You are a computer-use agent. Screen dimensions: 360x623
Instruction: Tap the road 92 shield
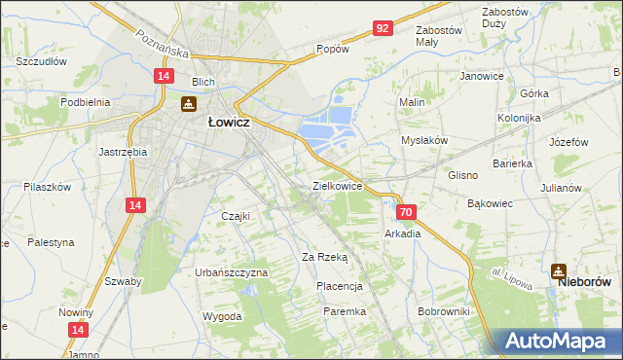pyautogui.click(x=382, y=29)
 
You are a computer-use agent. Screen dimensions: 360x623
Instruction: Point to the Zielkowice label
pyautogui.click(x=337, y=184)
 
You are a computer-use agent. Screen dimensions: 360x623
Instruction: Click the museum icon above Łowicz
pyautogui.click(x=190, y=104)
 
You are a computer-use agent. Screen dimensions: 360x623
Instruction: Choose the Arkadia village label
pyautogui.click(x=402, y=234)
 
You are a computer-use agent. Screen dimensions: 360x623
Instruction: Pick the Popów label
pyautogui.click(x=332, y=49)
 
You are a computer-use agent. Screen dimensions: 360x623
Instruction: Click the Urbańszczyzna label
pyautogui.click(x=231, y=273)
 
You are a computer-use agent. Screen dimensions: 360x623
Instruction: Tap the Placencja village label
pyautogui.click(x=340, y=286)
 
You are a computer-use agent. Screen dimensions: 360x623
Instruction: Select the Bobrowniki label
pyautogui.click(x=443, y=311)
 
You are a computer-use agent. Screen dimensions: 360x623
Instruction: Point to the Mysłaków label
pyautogui.click(x=424, y=140)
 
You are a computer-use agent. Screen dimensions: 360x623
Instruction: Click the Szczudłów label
pyautogui.click(x=41, y=60)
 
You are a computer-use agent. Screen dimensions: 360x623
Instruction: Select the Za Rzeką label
pyautogui.click(x=324, y=257)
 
